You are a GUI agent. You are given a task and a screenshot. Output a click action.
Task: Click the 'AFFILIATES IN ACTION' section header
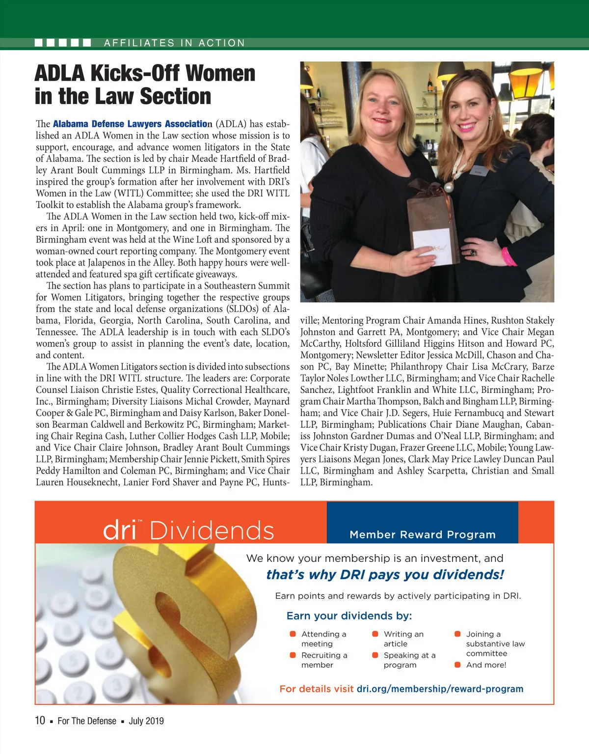[174, 43]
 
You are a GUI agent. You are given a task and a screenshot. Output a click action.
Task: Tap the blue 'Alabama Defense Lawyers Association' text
[131, 124]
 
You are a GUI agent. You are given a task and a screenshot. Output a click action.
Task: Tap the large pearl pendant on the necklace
[448, 187]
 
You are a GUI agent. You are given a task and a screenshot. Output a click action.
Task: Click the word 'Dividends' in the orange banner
[212, 531]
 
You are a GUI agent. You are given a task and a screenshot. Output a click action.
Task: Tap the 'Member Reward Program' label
[423, 534]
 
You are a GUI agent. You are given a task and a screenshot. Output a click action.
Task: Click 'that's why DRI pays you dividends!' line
[385, 575]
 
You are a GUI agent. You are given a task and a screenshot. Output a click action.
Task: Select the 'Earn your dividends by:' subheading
[349, 616]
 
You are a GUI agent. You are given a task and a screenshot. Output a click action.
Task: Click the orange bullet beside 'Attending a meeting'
[293, 634]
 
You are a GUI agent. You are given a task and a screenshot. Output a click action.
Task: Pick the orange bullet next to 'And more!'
[457, 665]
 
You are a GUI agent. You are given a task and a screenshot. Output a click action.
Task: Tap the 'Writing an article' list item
[403, 639]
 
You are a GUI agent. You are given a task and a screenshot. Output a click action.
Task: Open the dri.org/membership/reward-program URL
[440, 689]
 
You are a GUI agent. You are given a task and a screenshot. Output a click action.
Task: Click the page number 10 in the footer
[40, 721]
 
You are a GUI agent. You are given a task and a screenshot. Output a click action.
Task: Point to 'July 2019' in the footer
[146, 721]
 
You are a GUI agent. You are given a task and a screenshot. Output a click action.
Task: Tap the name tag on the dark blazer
[479, 172]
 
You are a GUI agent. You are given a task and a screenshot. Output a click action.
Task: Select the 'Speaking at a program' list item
[409, 660]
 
